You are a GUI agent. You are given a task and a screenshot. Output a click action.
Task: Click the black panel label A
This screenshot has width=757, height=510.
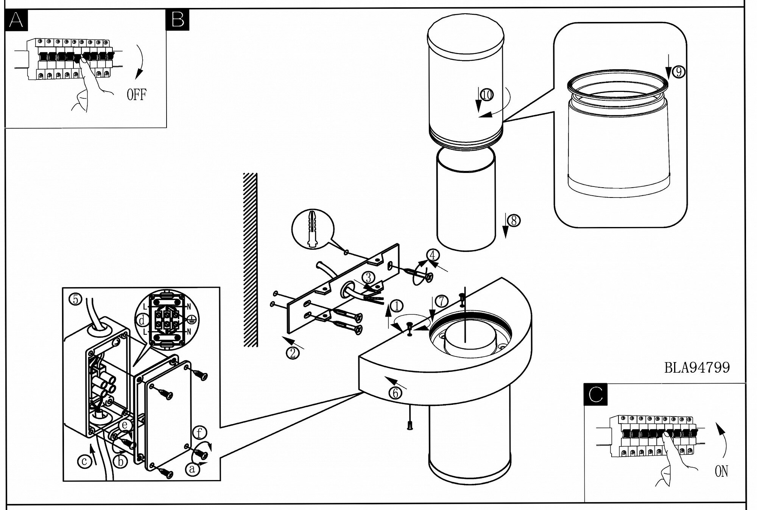point(16,19)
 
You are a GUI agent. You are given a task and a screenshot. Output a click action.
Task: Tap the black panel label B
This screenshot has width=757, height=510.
point(177,19)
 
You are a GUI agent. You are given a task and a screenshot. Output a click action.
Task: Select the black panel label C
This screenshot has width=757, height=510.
point(596,395)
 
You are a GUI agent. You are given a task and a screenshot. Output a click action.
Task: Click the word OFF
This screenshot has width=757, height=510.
point(136,94)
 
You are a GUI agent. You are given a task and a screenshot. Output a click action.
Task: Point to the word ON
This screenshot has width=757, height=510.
point(721,471)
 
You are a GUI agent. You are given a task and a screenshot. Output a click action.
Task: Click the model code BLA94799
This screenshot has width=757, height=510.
point(697,367)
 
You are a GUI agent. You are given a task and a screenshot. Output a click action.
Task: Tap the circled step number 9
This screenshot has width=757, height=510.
point(678,72)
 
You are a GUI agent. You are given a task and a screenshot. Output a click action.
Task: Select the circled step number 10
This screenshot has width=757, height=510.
point(487,94)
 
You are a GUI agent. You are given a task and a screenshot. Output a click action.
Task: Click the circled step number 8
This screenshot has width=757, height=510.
point(514,221)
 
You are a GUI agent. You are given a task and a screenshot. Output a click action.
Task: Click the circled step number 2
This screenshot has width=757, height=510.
point(293,353)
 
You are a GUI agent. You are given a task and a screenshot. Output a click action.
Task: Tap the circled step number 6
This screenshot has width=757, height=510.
point(395,393)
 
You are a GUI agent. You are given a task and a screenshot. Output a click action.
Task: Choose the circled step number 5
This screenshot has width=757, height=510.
point(75,299)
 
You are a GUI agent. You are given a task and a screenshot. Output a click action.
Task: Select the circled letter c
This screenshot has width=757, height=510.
point(84,461)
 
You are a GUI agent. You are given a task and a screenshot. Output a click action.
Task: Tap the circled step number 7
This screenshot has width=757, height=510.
point(441,301)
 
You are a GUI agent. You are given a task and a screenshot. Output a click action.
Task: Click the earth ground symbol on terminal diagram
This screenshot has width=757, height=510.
point(192,320)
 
